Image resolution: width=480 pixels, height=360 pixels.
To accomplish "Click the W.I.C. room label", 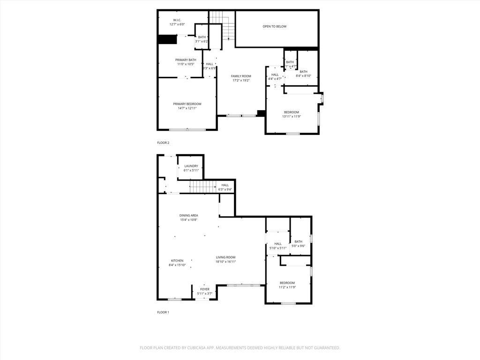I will [x=177, y=20].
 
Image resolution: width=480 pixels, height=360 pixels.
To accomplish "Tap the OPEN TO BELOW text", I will [x=274, y=27].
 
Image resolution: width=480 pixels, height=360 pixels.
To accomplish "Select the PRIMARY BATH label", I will [x=186, y=60].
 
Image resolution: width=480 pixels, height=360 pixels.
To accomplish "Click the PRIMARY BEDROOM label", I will [x=187, y=104].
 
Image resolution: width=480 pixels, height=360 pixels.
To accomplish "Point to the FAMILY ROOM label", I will [x=241, y=76].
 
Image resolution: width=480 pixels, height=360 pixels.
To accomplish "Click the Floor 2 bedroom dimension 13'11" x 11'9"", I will [x=291, y=117].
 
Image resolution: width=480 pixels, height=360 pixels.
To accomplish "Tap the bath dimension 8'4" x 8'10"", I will [x=304, y=76].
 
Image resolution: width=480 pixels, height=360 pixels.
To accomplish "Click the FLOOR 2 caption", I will [x=163, y=142].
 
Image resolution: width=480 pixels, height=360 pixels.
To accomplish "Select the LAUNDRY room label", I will [x=191, y=166].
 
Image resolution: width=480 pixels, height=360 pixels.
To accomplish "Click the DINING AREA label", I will [x=188, y=216].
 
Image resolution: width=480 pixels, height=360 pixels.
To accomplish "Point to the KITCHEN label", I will [x=177, y=261].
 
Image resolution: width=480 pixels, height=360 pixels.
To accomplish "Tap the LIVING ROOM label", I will [x=225, y=257].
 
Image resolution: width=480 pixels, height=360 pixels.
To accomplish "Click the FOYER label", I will [x=205, y=289].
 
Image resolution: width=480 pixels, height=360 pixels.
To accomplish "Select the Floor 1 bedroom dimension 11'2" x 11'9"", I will [x=287, y=287].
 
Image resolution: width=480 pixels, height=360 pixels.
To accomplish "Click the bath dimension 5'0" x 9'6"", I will [x=299, y=246].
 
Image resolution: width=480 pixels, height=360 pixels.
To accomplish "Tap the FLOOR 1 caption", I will [x=163, y=312].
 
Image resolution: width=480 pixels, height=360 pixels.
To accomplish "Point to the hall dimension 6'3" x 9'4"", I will [x=225, y=189].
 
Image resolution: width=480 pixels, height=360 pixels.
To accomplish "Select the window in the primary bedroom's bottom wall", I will [x=187, y=130].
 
